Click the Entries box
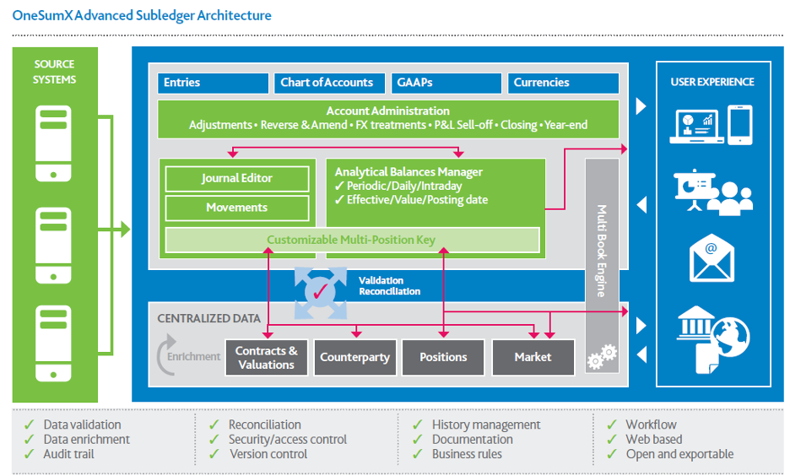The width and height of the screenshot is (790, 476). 212,83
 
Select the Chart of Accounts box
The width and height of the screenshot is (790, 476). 327,83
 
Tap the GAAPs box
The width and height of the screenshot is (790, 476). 445,83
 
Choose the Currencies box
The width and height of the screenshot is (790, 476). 563,83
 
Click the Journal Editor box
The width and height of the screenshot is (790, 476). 236,179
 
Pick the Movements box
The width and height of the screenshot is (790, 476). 236,208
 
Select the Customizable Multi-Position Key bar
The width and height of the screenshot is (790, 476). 351,240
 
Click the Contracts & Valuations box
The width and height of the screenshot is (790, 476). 266,358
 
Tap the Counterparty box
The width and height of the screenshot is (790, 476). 354,358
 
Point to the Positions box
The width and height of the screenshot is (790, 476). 443,358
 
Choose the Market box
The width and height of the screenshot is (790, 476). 533,358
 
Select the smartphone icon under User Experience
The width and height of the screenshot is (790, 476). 739,125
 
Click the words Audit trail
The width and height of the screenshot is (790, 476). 69,454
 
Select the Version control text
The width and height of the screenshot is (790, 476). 269,454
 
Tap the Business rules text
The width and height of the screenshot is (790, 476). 467,454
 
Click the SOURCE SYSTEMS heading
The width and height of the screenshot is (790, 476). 55,72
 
